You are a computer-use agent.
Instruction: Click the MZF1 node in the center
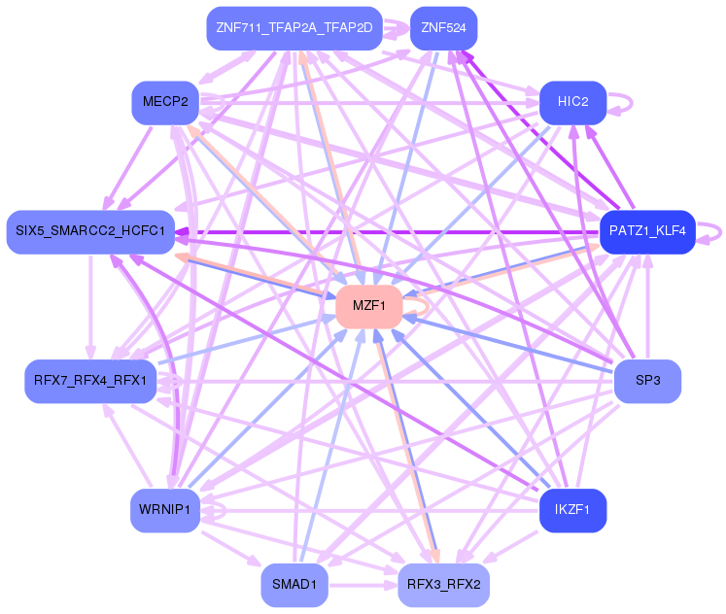point(368,306)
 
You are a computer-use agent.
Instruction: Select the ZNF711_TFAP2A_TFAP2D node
point(295,28)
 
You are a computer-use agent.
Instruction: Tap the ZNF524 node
point(443,28)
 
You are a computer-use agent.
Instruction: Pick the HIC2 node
point(572,102)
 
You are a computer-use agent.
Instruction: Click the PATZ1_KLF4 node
point(646,232)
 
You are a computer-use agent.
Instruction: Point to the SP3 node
point(647,381)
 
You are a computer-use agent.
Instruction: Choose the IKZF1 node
point(572,510)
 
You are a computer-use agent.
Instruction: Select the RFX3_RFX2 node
point(443,585)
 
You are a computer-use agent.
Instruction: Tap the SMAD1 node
point(294,585)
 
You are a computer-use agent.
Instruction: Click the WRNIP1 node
point(165,510)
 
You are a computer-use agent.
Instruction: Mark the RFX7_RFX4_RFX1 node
point(90,381)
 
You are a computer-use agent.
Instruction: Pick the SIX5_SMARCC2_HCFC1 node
point(90,232)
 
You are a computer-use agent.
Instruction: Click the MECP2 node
point(165,102)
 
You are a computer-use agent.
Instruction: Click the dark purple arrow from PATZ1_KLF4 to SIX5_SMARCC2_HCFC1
point(389,232)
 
